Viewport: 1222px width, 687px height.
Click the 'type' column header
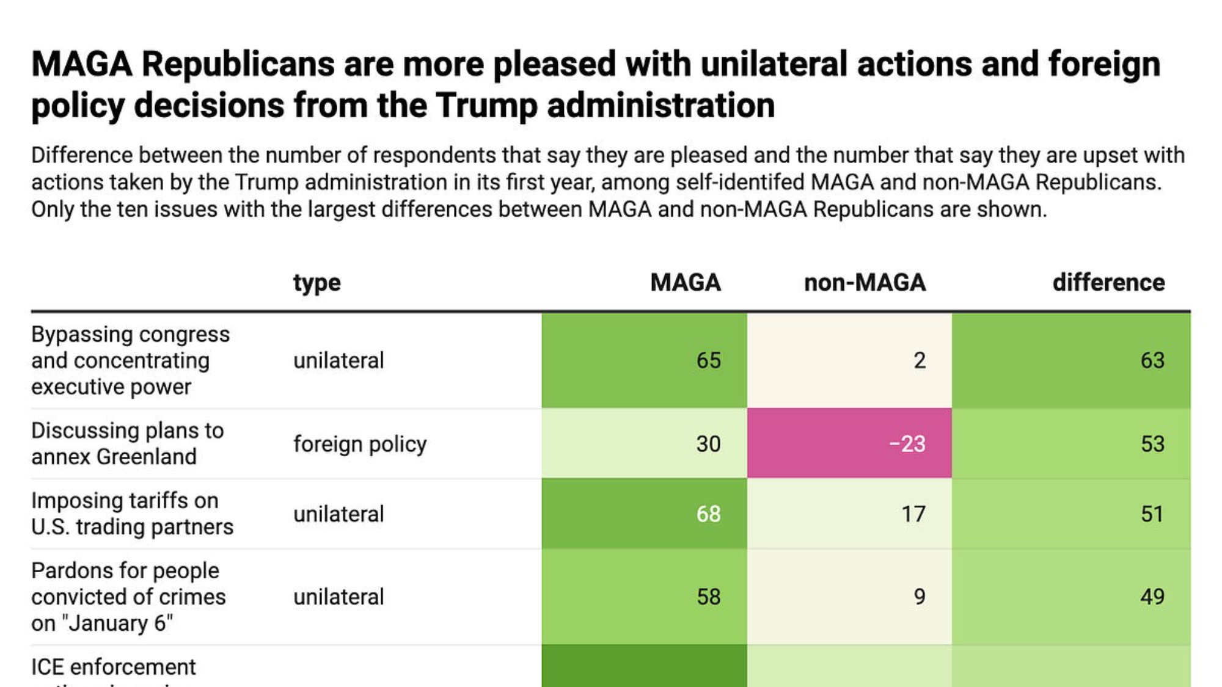(316, 283)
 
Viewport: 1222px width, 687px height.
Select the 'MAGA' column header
(685, 283)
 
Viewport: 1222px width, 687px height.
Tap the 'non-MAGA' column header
(865, 283)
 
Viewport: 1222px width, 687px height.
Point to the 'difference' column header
(1108, 283)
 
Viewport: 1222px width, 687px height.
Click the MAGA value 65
(708, 360)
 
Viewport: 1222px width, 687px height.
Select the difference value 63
(1152, 360)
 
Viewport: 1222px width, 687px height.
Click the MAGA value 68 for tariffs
(708, 514)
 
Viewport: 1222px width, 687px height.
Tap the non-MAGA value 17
(913, 514)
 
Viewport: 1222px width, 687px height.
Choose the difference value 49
(1152, 597)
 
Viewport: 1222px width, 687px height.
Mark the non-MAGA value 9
(919, 597)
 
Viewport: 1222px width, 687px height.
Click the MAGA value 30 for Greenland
(708, 444)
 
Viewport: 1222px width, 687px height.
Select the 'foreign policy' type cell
(360, 444)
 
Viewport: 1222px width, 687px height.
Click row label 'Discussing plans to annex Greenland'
(127, 444)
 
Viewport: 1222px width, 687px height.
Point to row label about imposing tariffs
(132, 514)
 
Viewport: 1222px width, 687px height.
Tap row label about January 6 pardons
(128, 597)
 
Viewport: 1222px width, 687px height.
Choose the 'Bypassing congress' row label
(130, 360)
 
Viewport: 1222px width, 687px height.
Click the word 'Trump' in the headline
(486, 105)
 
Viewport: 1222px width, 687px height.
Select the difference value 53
(1152, 444)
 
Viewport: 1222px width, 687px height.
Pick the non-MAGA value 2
(919, 360)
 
